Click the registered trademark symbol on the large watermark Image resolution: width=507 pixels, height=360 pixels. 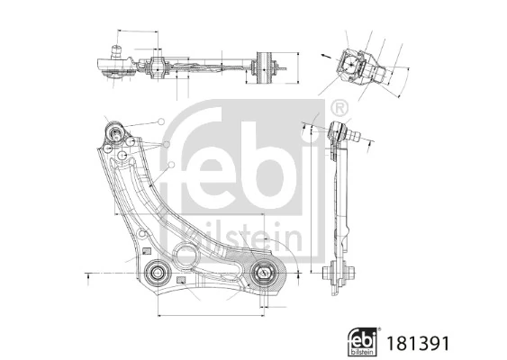click(x=340, y=106)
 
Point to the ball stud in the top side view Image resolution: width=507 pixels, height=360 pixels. click(x=114, y=51)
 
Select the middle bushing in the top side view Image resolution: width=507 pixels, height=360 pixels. click(x=159, y=66)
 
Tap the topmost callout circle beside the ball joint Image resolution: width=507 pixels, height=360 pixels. click(x=160, y=121)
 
